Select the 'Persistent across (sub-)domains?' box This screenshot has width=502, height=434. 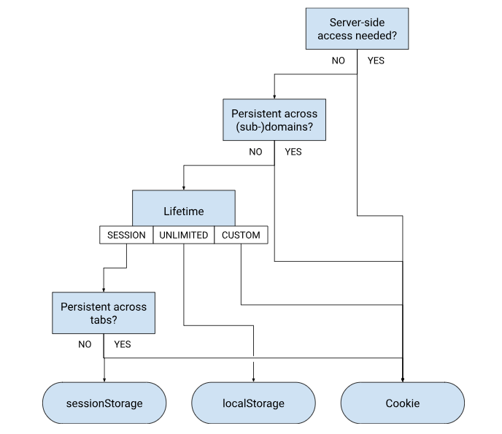(x=274, y=120)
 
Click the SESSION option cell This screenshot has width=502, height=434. (x=126, y=236)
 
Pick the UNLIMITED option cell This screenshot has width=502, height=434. (x=183, y=236)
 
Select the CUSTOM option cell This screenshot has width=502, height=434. (x=241, y=236)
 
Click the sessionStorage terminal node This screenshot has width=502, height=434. (x=104, y=403)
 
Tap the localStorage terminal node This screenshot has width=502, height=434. (x=253, y=403)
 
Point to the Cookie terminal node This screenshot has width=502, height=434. (x=403, y=403)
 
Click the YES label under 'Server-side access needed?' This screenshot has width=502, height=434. (x=376, y=61)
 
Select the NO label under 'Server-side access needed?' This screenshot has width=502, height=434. (x=338, y=61)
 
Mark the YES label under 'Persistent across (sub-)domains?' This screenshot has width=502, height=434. (x=293, y=152)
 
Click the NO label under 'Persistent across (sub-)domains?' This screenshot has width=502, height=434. (x=255, y=152)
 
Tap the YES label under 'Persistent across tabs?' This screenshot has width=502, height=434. (x=123, y=344)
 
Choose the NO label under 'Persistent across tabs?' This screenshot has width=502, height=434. (x=85, y=344)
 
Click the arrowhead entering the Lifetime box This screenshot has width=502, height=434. (x=183, y=187)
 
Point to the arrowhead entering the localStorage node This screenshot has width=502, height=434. (x=253, y=379)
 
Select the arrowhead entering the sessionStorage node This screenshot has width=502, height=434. (x=104, y=379)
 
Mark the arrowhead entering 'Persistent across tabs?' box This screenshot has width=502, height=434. (x=104, y=289)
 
